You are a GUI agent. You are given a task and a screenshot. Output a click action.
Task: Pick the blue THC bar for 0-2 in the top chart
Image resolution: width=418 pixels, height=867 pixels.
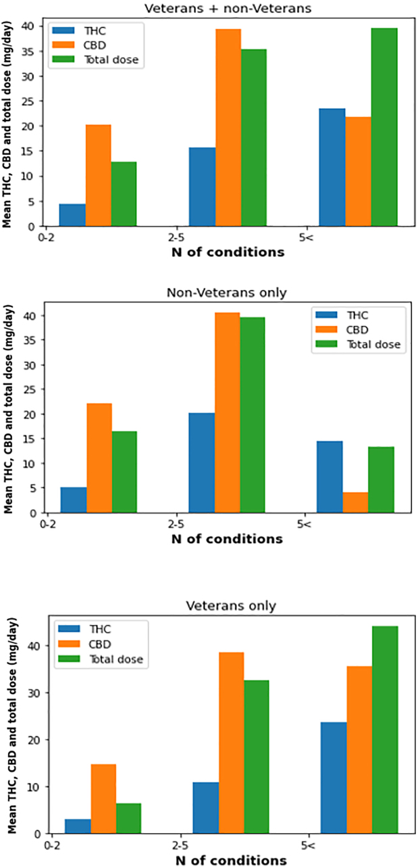(x=72, y=215)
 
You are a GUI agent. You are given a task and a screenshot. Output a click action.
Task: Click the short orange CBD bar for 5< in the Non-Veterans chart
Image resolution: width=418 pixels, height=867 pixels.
(x=356, y=502)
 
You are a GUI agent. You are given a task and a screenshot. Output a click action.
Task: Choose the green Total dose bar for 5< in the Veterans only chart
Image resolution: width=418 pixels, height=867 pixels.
(x=386, y=730)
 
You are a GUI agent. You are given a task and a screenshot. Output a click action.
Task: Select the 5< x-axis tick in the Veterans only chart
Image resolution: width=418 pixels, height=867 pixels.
(x=307, y=845)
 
